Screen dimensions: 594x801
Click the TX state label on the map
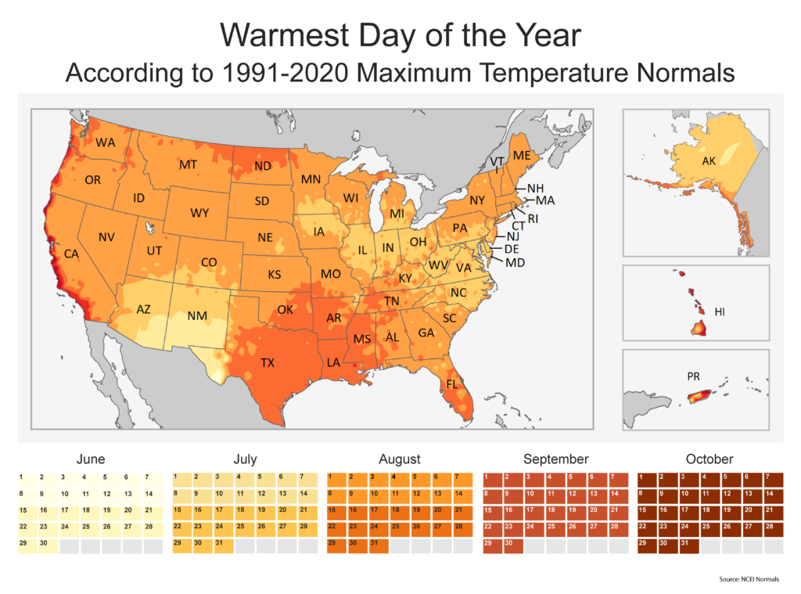[x=268, y=363]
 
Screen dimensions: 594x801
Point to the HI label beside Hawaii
[x=720, y=311]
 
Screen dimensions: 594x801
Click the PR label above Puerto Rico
[x=693, y=376]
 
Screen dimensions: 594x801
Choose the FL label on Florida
[x=453, y=384]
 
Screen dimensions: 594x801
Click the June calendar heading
[x=91, y=459]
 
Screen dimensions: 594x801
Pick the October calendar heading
[x=709, y=459]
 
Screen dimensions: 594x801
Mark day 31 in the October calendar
[x=688, y=542]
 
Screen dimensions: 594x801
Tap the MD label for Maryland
[x=515, y=262]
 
